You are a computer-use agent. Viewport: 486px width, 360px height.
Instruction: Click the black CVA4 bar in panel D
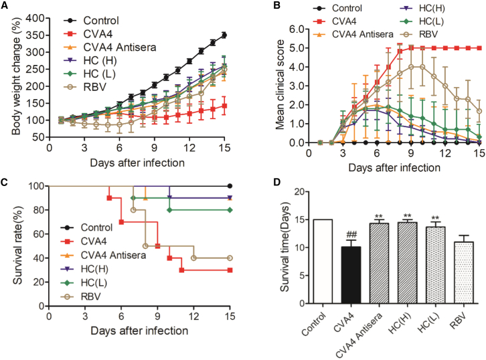[351, 275]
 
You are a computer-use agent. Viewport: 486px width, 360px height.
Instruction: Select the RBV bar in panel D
[464, 272]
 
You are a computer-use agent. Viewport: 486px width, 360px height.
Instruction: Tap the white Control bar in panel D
[323, 262]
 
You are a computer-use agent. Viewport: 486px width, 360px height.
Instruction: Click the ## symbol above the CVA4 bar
[351, 234]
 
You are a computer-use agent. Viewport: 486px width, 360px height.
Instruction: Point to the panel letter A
[4, 5]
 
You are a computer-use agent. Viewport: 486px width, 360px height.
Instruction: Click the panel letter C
[4, 181]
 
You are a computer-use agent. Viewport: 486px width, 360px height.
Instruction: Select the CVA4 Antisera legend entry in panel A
[110, 48]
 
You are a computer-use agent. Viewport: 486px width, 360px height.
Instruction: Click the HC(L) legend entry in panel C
[84, 283]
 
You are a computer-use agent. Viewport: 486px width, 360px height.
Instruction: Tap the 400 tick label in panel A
[35, 18]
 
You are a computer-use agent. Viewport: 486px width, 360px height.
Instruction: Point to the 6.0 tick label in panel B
[297, 29]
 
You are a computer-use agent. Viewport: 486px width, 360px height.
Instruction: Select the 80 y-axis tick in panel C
[38, 210]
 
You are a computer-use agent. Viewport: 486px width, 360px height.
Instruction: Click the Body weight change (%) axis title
[16, 76]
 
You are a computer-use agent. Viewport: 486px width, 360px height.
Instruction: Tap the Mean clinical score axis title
[280, 84]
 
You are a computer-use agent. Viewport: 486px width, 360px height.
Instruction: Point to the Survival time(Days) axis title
[285, 247]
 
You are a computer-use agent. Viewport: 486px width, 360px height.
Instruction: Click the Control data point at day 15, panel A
[224, 35]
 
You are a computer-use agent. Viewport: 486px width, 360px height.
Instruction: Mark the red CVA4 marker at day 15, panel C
[230, 270]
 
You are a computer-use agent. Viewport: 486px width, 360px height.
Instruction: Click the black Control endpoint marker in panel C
[230, 186]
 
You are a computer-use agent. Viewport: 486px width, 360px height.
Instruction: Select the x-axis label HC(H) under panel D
[400, 323]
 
